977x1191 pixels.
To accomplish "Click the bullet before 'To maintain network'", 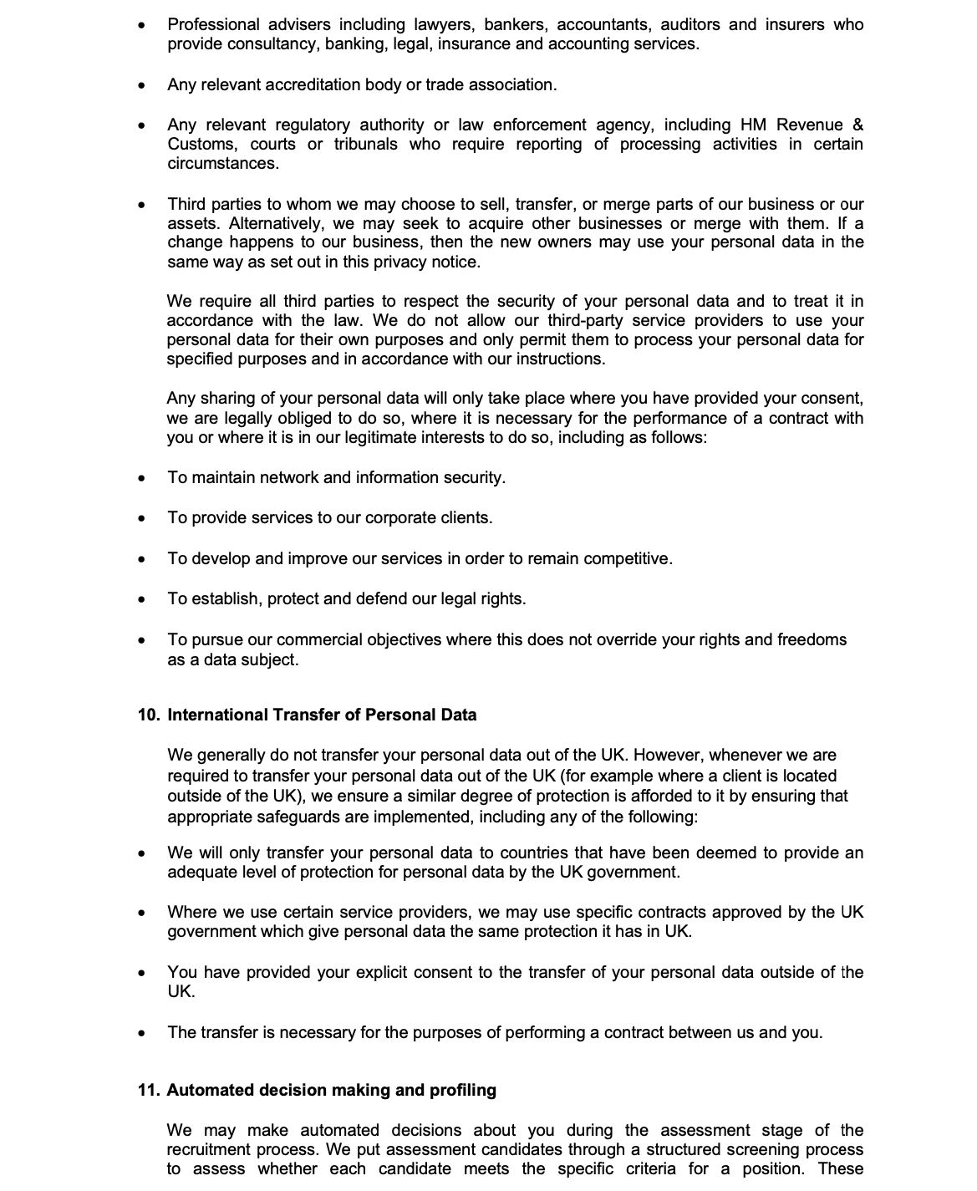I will pos(143,479).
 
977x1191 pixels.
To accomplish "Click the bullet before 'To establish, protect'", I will pos(143,600).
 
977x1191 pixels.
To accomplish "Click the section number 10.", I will pos(148,715).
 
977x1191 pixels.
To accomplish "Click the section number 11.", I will pos(148,1091).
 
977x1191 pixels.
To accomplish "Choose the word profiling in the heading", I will pos(462,1091).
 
